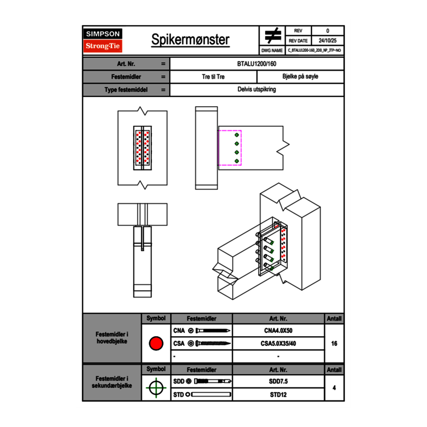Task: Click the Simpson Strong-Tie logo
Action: pos(103,40)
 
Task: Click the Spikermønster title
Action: pos(190,40)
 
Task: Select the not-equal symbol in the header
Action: pos(273,36)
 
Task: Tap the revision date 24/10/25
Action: pos(328,41)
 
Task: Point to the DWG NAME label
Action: pos(272,50)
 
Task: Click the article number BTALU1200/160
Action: pos(257,64)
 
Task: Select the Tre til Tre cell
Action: pos(213,77)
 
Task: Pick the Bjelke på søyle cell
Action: pos(300,77)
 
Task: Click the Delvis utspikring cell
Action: pos(257,89)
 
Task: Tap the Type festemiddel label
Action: pos(126,90)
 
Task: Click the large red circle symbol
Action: pos(156,344)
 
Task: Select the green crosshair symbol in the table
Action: pos(156,387)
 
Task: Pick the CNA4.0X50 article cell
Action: pos(278,331)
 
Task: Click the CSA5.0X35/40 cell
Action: pos(278,344)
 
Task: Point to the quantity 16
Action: pos(334,344)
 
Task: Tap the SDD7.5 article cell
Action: pos(278,381)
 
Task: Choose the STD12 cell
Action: pos(278,394)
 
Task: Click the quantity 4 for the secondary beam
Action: pos(334,388)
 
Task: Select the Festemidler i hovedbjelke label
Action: pos(112,338)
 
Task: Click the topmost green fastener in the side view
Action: pos(237,135)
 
